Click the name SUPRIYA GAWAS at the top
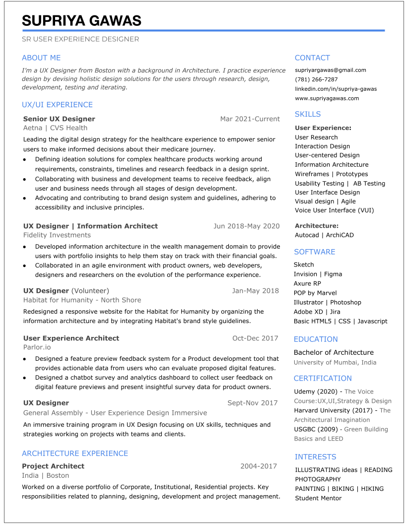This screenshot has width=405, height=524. [81, 21]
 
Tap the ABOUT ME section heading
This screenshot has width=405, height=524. [41, 58]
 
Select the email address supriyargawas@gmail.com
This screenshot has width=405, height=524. [330, 70]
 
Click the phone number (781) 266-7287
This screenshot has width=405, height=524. [316, 79]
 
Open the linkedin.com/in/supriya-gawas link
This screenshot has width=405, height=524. [336, 89]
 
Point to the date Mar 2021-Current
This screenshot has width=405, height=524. [250, 119]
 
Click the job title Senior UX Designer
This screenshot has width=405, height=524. [59, 119]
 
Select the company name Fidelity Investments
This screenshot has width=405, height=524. [57, 235]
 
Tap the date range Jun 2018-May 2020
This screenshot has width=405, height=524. [246, 226]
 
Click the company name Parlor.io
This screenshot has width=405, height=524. [37, 347]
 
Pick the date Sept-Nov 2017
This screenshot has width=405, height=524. [252, 403]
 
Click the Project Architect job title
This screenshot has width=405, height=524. [53, 466]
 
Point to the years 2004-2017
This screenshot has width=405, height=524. [258, 466]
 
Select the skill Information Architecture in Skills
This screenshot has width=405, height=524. [332, 165]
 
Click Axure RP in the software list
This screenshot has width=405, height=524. [307, 283]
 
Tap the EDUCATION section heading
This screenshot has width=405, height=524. [315, 339]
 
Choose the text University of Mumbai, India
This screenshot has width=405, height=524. [335, 362]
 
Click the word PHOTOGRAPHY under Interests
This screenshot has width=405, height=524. [318, 479]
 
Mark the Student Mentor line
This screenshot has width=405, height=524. [318, 498]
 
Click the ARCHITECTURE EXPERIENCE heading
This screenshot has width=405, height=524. [75, 454]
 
